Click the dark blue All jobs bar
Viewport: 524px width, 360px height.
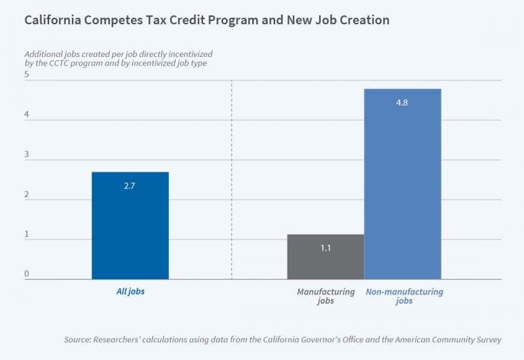130,226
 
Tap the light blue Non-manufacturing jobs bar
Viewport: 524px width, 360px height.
402,184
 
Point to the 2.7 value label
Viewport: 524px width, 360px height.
130,187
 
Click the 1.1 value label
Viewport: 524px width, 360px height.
325,249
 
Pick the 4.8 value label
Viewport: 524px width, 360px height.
402,103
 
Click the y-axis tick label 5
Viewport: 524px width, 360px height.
27,75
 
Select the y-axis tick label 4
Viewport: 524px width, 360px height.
27,115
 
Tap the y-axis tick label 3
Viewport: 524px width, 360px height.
27,154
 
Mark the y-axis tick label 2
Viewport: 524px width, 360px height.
27,194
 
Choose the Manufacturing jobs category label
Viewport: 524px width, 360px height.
326,297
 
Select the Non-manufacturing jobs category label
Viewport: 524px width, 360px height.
403,297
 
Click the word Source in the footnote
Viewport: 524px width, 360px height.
77,339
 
